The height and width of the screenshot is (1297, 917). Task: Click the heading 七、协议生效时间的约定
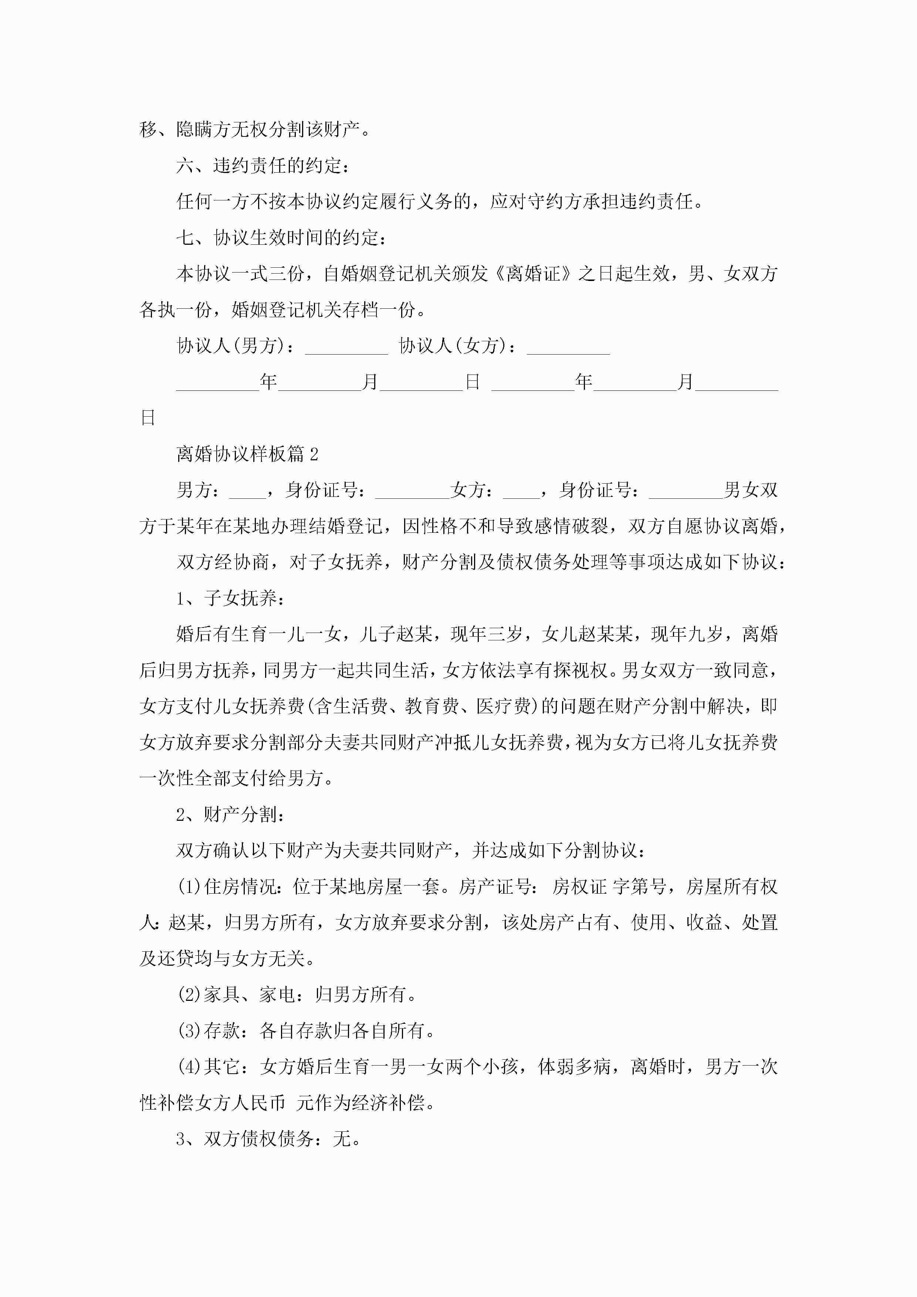(281, 237)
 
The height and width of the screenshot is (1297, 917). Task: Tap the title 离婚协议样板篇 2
(247, 454)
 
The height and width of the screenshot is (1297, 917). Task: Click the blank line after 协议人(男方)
(346, 347)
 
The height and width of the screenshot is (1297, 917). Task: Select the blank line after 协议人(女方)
(568, 347)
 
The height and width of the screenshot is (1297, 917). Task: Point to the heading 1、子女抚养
(230, 597)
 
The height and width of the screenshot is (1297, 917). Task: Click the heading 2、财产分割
(230, 814)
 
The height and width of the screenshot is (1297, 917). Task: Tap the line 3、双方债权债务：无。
(268, 1138)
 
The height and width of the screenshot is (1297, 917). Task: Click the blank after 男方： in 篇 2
(247, 490)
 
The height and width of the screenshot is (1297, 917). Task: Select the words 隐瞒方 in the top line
(203, 129)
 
